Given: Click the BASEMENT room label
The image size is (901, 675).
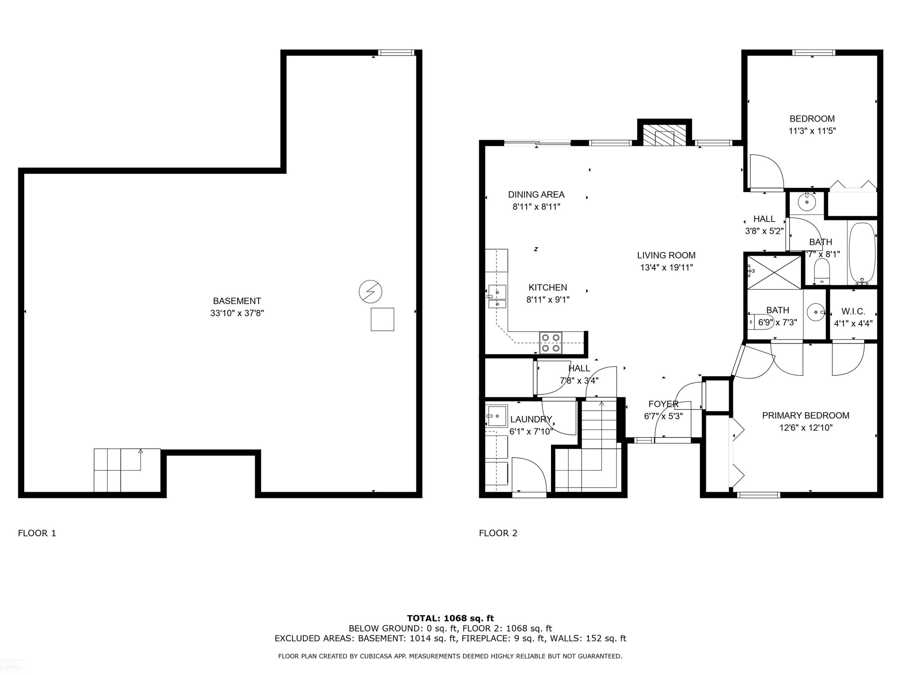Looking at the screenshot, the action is pyautogui.click(x=237, y=301).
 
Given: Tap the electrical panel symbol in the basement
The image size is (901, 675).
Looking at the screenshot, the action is pyautogui.click(x=370, y=292).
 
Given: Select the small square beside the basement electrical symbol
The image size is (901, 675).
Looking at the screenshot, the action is pyautogui.click(x=382, y=319).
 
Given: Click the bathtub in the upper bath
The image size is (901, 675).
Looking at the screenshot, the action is pyautogui.click(x=862, y=253).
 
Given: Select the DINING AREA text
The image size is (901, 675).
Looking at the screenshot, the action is pyautogui.click(x=536, y=194).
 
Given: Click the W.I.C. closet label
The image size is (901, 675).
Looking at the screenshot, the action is pyautogui.click(x=853, y=312).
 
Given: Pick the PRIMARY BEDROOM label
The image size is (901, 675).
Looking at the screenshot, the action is pyautogui.click(x=806, y=415).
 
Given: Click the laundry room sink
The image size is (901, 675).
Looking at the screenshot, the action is pyautogui.click(x=497, y=415).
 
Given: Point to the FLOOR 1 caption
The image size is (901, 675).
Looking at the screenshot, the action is pyautogui.click(x=37, y=533).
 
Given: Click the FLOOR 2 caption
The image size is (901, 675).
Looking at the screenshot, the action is pyautogui.click(x=498, y=533).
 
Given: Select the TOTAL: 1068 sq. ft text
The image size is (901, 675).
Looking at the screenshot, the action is pyautogui.click(x=450, y=618).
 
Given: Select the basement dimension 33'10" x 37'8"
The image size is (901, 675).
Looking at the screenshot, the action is pyautogui.click(x=237, y=313).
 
